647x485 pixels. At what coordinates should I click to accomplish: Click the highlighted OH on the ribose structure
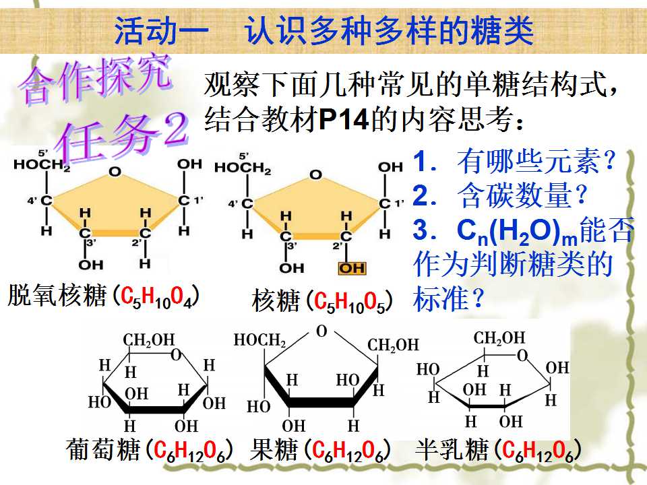click(x=352, y=269)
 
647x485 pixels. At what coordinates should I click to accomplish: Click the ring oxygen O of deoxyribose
click(x=115, y=172)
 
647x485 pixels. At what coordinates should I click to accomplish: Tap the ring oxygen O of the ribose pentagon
click(x=315, y=175)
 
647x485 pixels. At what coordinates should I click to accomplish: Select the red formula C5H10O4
click(x=157, y=296)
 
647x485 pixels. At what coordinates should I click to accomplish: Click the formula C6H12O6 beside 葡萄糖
click(x=189, y=451)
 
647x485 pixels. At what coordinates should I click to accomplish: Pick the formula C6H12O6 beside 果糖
click(x=348, y=451)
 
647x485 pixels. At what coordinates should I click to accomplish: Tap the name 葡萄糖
click(x=102, y=449)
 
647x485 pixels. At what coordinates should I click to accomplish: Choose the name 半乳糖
click(x=452, y=449)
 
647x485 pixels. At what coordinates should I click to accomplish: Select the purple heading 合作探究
click(x=96, y=79)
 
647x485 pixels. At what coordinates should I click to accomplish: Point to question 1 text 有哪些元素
click(x=536, y=161)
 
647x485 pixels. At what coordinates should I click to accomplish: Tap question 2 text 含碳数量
click(x=522, y=195)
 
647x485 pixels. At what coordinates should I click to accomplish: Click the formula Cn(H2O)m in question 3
click(x=517, y=231)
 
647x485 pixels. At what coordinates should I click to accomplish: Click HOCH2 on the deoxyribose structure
click(x=42, y=165)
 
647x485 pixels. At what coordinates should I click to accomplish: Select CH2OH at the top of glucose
click(x=149, y=340)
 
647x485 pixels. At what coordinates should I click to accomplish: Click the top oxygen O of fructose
click(x=321, y=331)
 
